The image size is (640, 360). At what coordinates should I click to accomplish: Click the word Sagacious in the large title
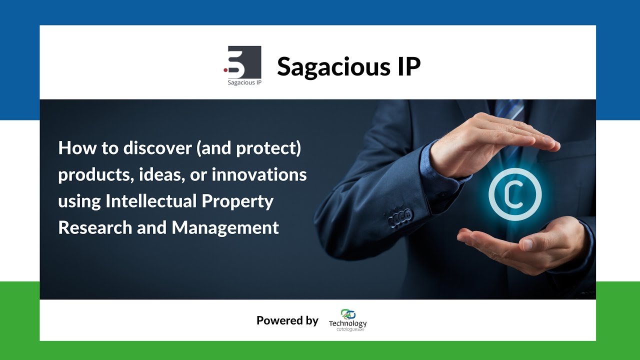click(333, 67)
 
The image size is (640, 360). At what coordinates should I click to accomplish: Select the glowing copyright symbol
click(515, 195)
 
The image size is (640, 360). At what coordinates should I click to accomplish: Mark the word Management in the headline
click(225, 228)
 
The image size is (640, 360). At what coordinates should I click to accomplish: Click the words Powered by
click(287, 320)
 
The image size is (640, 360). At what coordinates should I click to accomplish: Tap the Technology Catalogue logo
click(347, 320)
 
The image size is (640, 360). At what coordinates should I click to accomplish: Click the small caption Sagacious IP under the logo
click(244, 82)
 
